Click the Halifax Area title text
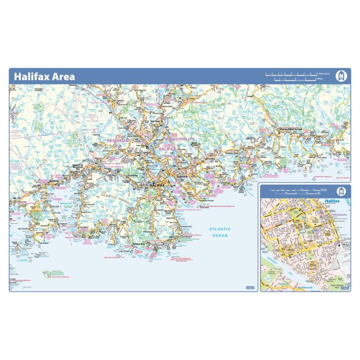(x=44, y=77)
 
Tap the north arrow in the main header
(x=340, y=76)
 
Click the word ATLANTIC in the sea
(x=220, y=229)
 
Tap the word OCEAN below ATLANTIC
(x=220, y=236)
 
